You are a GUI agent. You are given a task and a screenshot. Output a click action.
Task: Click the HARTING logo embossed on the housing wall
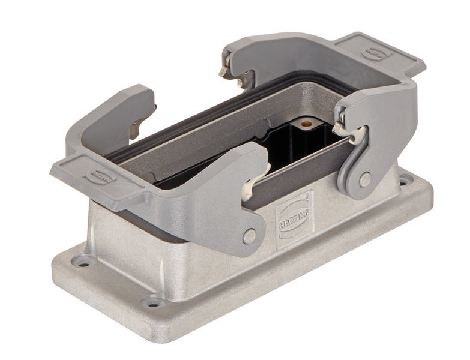pos(293,220)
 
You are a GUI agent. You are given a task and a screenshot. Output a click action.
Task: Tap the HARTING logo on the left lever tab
pos(100,176)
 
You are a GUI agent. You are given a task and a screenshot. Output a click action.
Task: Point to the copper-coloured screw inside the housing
pos(307,124)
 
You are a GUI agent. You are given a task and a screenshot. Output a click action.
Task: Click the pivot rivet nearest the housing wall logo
pos(249,236)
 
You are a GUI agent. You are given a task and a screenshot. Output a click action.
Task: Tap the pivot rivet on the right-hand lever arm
pos(364,179)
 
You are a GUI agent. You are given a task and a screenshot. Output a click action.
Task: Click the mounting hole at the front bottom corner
pos(153,302)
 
